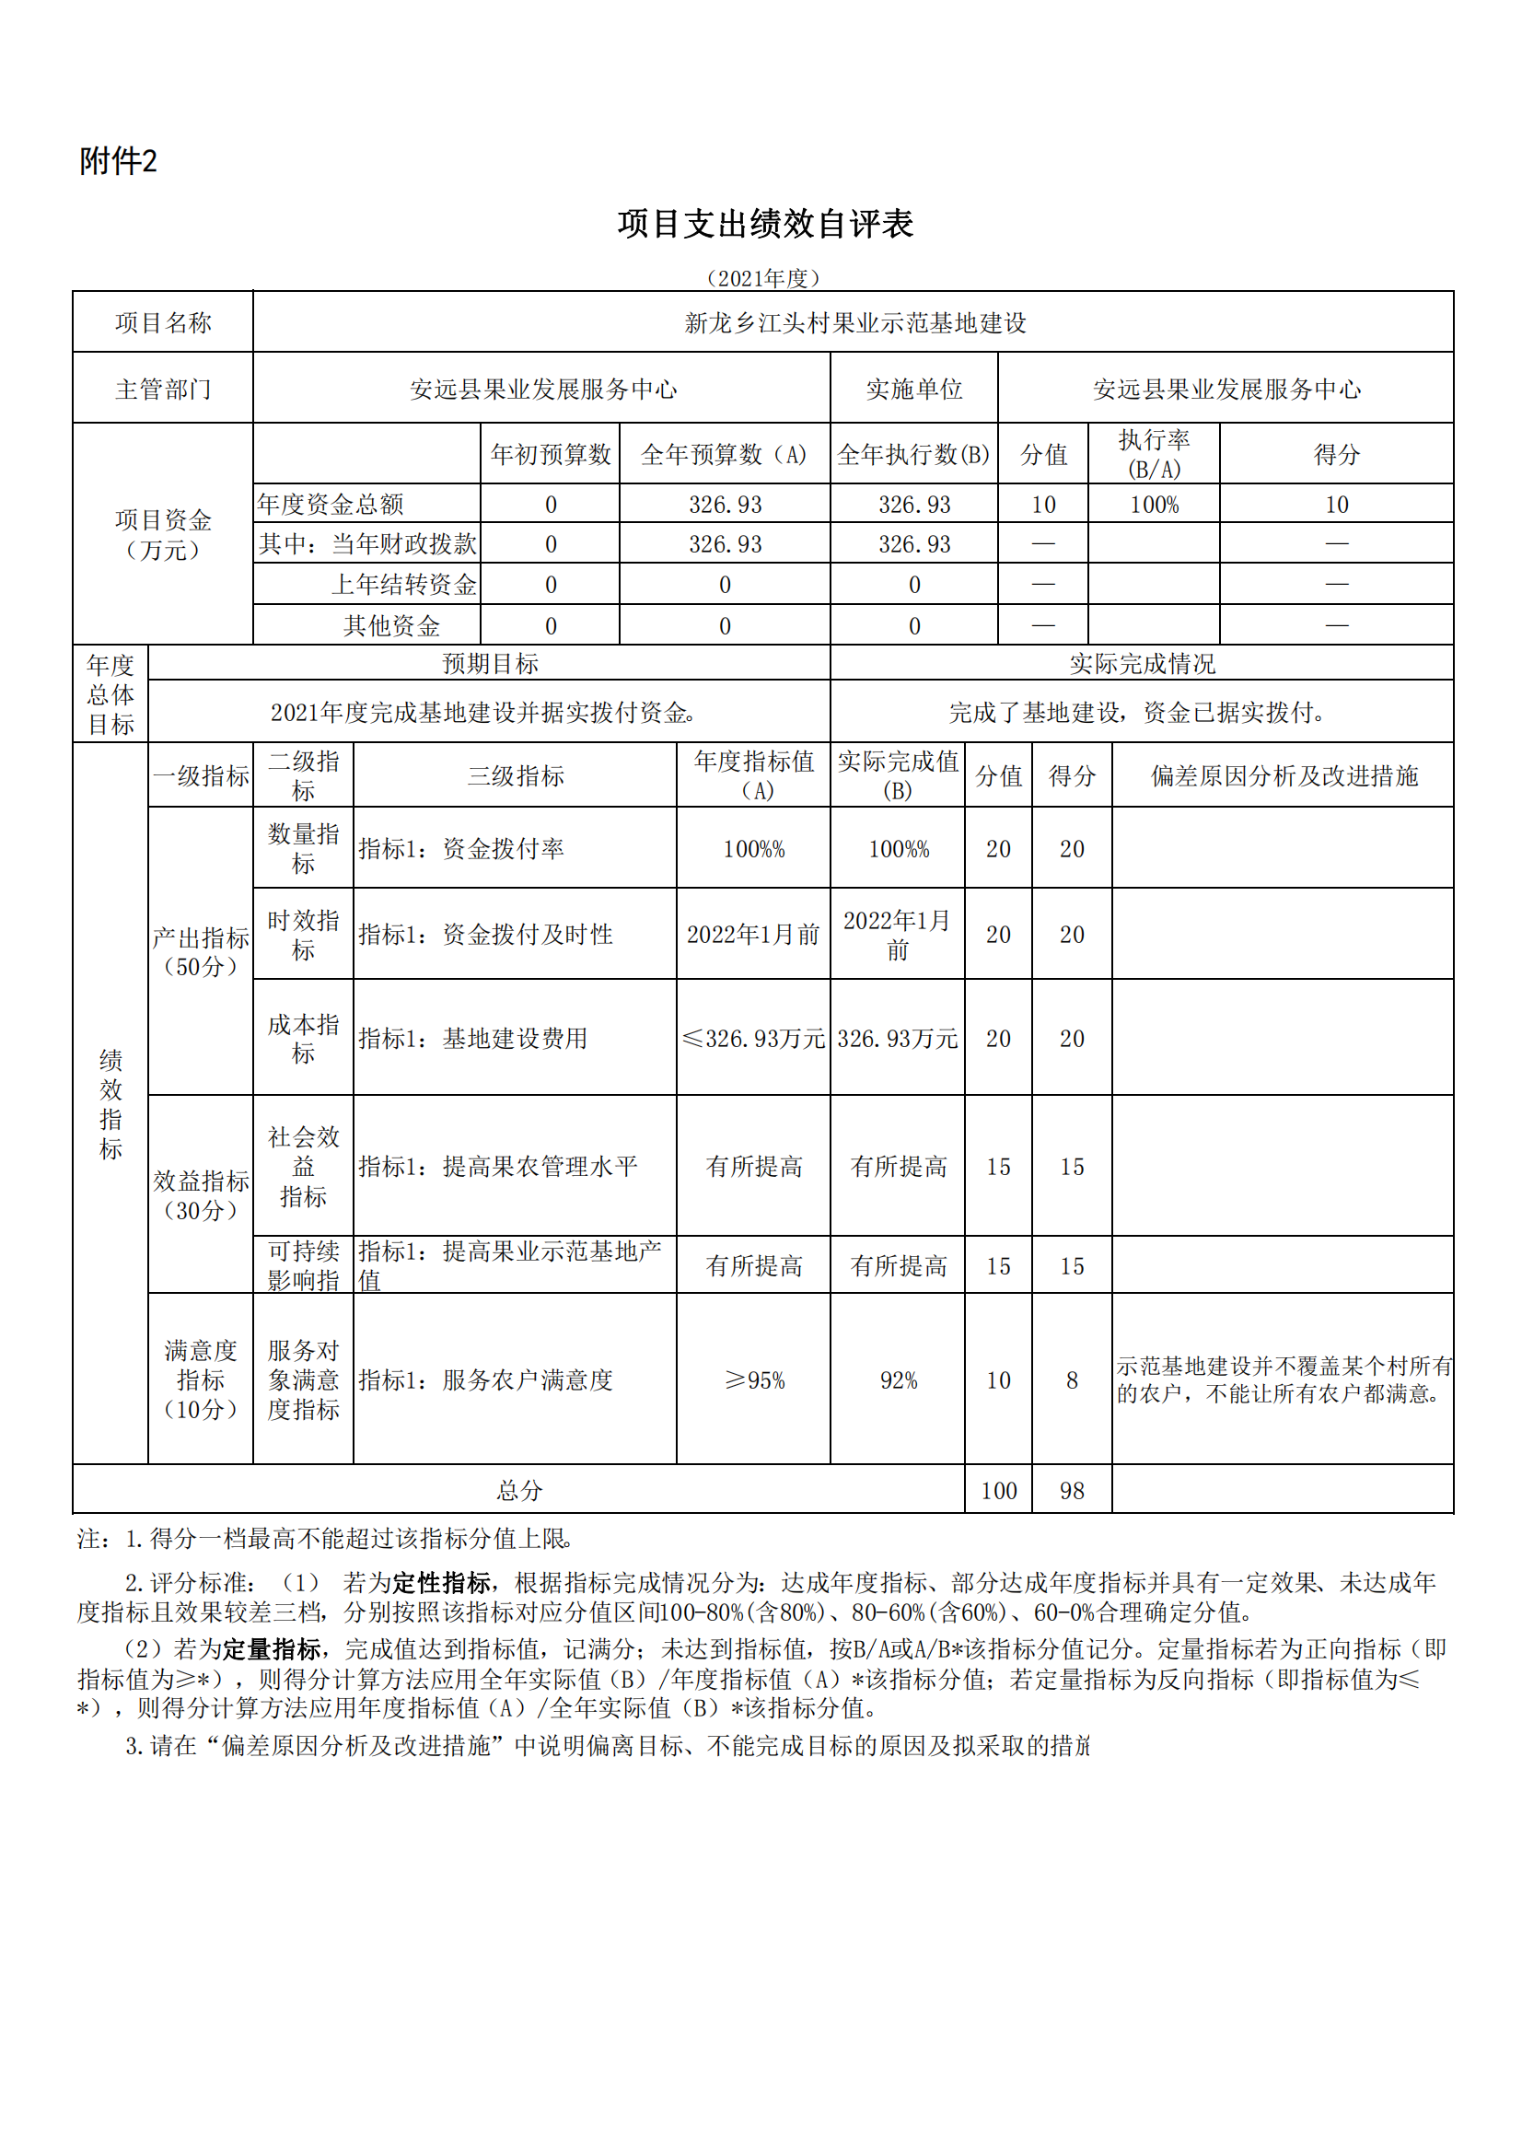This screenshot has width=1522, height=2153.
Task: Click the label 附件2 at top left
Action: [x=118, y=161]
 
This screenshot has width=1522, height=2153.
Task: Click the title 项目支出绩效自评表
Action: [x=764, y=224]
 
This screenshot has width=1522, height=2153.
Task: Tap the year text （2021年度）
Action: [x=762, y=278]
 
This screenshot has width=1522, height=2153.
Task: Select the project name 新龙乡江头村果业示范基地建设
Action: [x=854, y=323]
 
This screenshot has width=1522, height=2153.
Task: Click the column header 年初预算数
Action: [x=551, y=455]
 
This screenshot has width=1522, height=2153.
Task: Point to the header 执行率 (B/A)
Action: [x=1154, y=455]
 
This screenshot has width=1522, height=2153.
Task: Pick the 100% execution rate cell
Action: [x=1154, y=506]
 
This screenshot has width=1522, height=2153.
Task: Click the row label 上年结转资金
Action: [x=404, y=585]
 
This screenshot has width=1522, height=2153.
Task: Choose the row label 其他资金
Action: [x=391, y=625]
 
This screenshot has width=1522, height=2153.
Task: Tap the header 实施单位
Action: [x=913, y=390]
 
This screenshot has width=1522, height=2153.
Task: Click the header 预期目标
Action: [x=490, y=664]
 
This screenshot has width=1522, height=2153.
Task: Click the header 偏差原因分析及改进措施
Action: [x=1283, y=775]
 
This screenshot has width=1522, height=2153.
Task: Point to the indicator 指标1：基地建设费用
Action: [x=472, y=1038]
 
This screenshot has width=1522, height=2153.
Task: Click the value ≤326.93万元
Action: [x=753, y=1038]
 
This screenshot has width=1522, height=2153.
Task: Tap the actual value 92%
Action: [x=898, y=1380]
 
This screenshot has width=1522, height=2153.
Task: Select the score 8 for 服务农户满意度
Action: [x=1071, y=1380]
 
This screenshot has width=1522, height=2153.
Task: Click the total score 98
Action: [x=1071, y=1491]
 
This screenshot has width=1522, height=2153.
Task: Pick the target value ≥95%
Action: [x=753, y=1380]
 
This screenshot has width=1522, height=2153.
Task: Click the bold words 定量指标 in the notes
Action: [x=272, y=1649]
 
